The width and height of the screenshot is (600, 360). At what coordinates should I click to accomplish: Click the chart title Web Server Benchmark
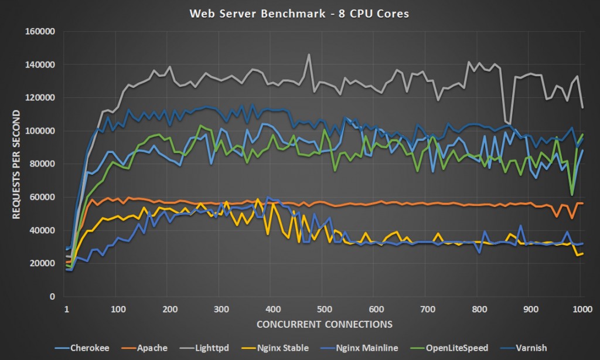(299, 13)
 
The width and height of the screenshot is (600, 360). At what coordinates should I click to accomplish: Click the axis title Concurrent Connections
(323, 324)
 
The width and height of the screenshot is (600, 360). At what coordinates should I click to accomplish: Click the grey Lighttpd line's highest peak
(309, 55)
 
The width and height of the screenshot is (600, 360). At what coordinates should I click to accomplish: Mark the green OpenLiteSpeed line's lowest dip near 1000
(572, 195)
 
